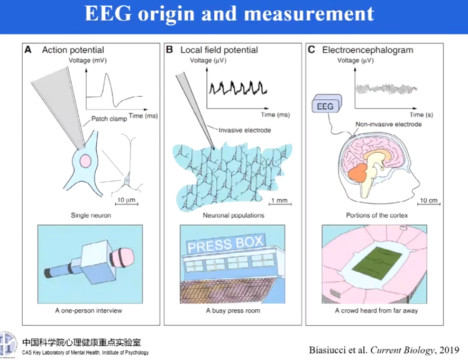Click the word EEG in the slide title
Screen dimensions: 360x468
(108, 14)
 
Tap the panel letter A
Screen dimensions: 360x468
(27, 50)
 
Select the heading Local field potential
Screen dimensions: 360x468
(219, 50)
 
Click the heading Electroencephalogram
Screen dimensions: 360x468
(368, 50)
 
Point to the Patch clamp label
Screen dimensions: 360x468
(109, 119)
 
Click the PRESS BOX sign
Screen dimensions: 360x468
(225, 244)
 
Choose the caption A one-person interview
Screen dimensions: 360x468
(89, 310)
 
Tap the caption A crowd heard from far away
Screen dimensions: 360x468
(376, 310)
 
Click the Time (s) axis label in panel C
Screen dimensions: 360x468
(417, 115)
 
